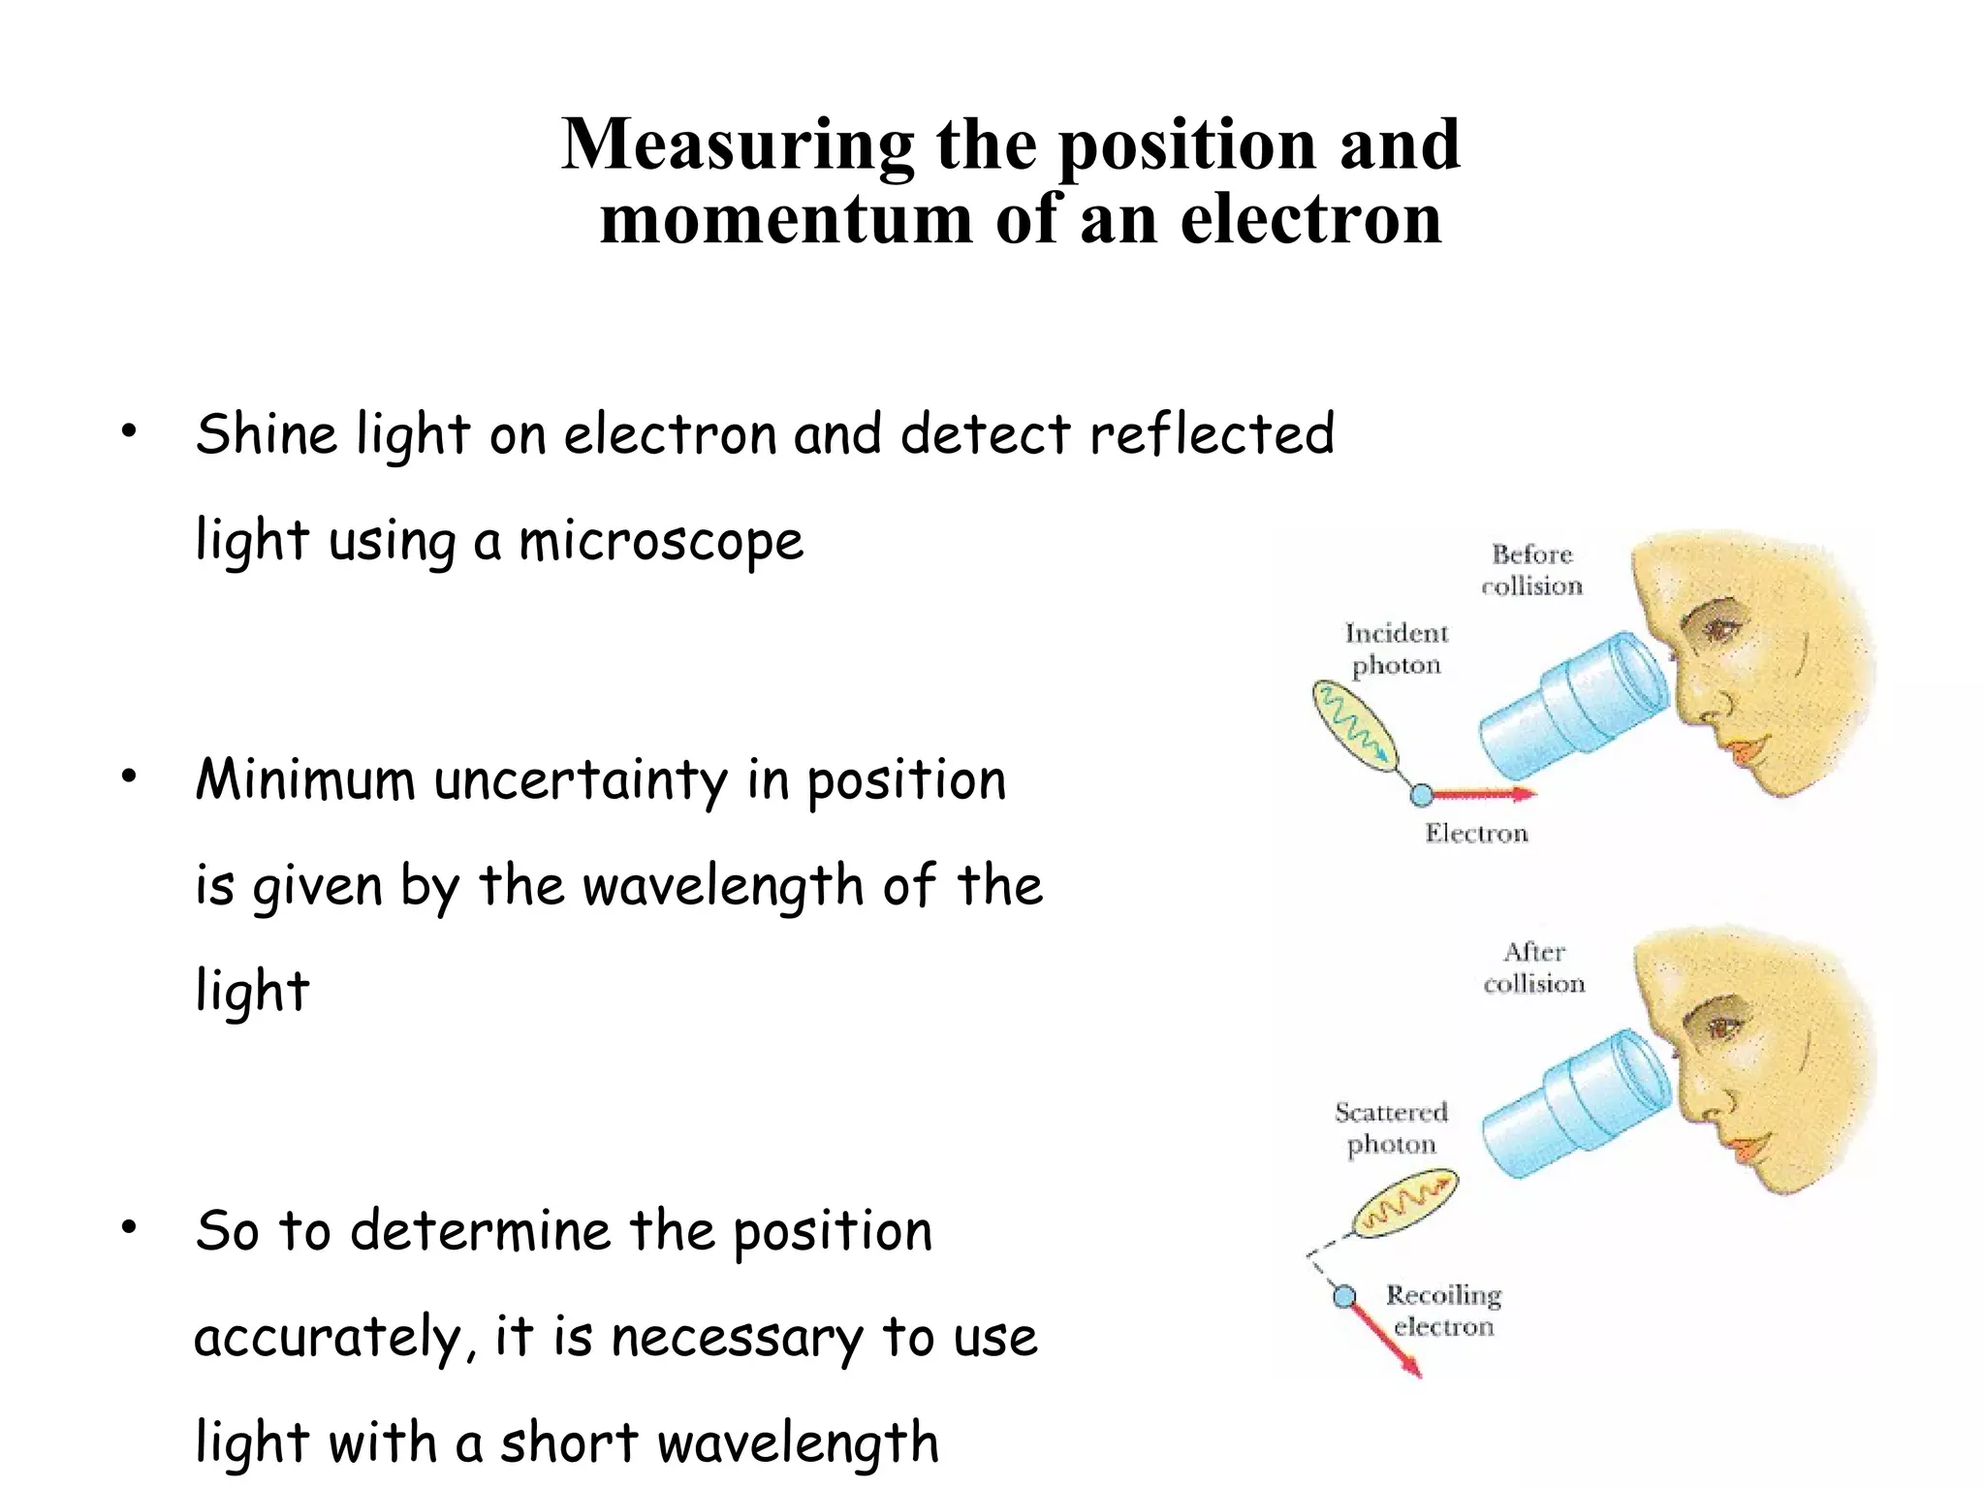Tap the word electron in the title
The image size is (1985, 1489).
click(1310, 219)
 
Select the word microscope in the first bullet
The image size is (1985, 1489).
click(661, 541)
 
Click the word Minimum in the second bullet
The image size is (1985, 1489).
click(305, 779)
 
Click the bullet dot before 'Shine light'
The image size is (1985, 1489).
click(129, 432)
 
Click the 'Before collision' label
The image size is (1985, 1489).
click(1531, 570)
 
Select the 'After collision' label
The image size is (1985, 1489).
click(1533, 967)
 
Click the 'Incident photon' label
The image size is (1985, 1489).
click(1397, 649)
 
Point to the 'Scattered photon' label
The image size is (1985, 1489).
click(1391, 1127)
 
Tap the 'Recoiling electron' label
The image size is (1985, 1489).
click(1443, 1311)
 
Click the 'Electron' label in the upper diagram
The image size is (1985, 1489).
click(1476, 833)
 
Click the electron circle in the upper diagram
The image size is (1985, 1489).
click(1421, 795)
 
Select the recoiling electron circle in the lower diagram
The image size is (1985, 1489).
click(1344, 1296)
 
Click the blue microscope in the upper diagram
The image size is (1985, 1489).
click(1575, 704)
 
